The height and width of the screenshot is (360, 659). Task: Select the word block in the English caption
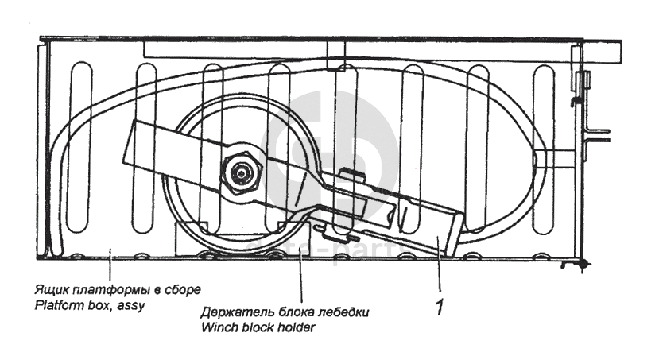[259, 326]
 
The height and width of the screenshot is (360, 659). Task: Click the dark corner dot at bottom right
[584, 261]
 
